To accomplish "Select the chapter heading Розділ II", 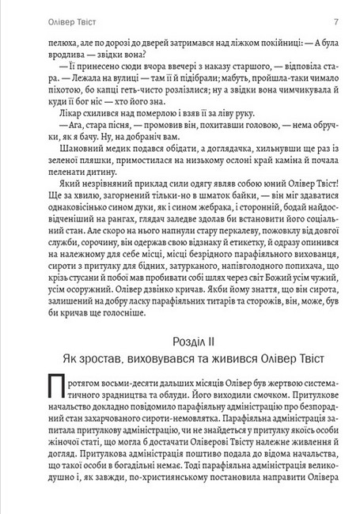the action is point(180,342).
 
